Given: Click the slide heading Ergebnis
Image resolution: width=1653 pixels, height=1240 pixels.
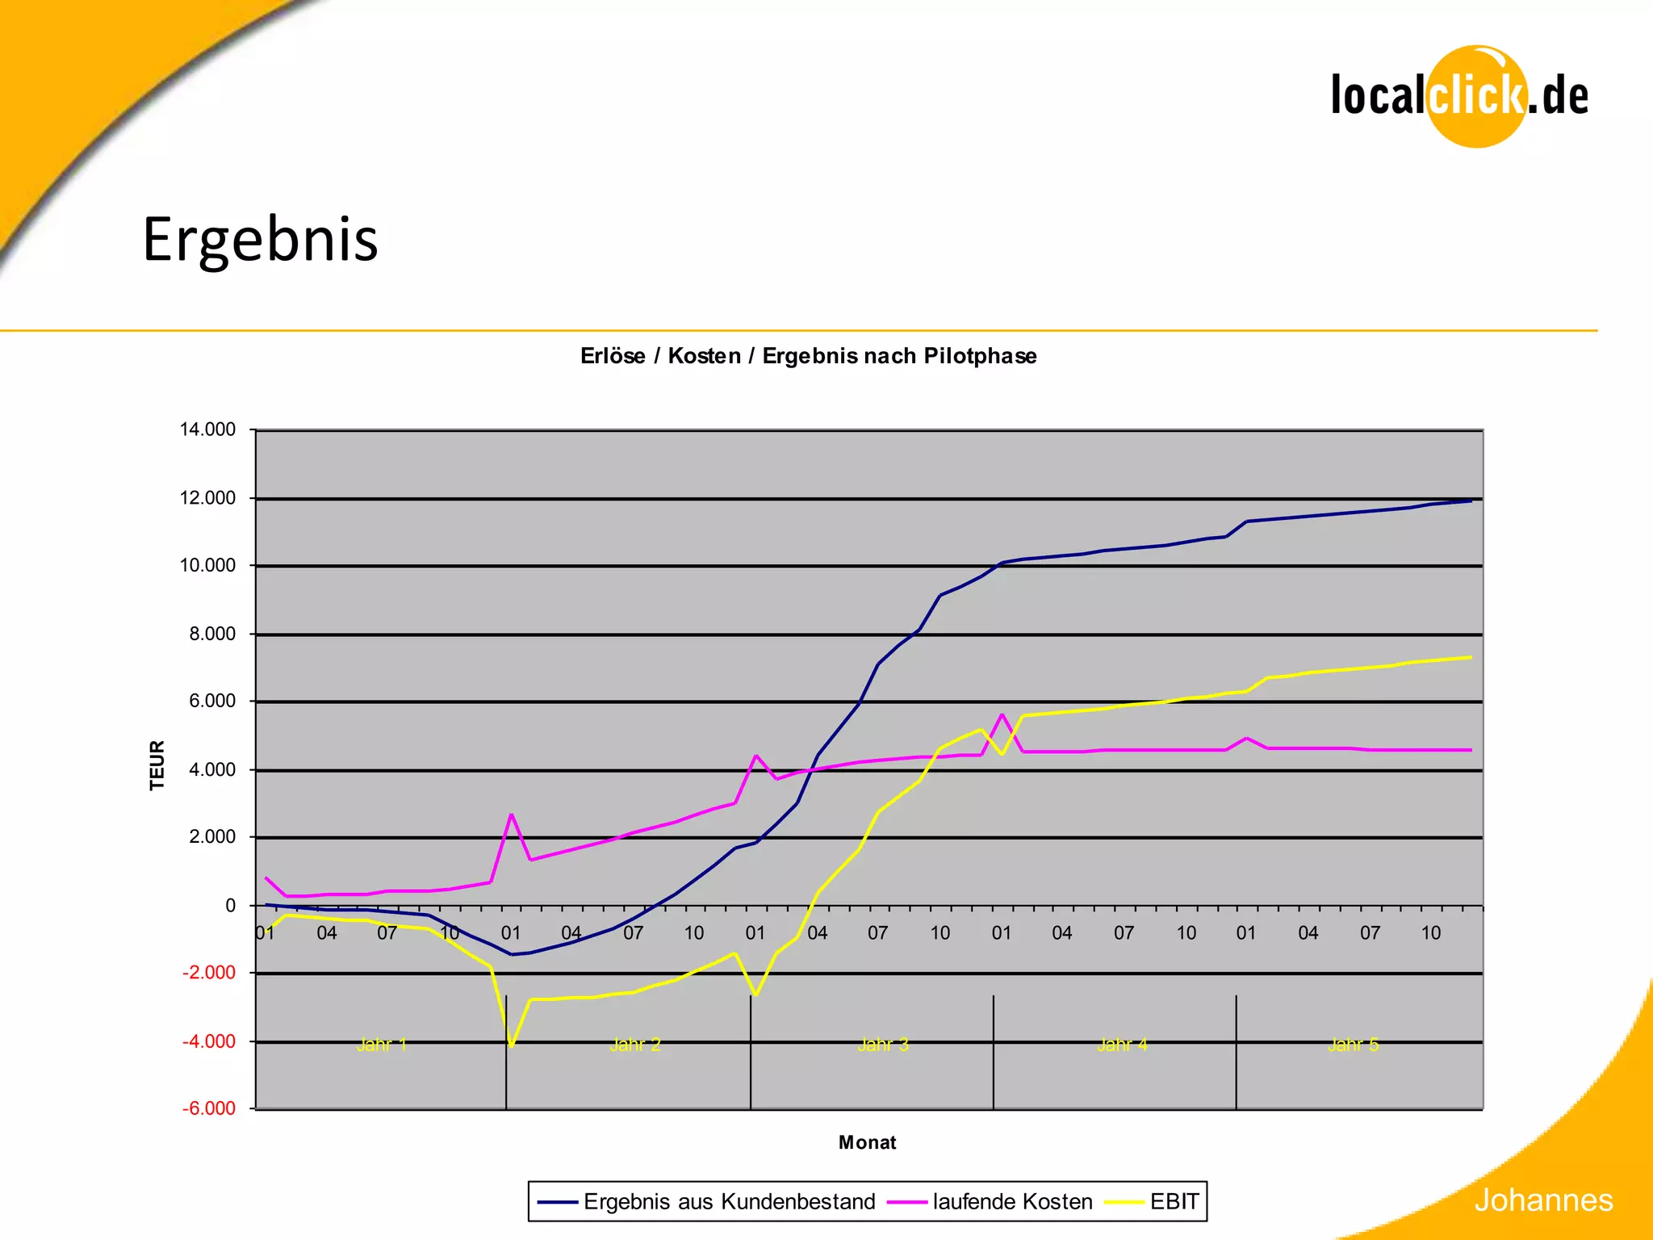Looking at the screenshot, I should (x=260, y=240).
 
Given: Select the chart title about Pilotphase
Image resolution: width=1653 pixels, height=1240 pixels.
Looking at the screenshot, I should (x=808, y=356).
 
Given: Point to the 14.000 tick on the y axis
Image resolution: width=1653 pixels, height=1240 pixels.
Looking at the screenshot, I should (x=207, y=429).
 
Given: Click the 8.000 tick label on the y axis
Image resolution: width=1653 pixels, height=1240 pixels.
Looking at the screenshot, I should (x=212, y=634).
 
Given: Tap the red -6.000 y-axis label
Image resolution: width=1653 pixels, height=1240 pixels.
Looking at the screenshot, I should (x=209, y=1108).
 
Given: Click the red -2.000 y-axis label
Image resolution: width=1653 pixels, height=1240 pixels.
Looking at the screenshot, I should (x=209, y=973).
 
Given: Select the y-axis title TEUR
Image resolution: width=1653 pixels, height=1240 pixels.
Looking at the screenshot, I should (x=157, y=765).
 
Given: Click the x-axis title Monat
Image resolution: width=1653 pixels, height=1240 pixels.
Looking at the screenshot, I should (x=867, y=1142).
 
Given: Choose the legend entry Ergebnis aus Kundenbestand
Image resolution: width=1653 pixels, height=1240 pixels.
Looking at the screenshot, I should (x=728, y=1201).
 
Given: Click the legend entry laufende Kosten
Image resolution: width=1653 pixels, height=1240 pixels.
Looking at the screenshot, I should (x=1011, y=1201).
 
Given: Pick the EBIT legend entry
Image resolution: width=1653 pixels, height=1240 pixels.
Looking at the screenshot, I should (x=1174, y=1201).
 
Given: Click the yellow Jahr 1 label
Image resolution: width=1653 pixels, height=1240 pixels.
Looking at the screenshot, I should (x=382, y=1045).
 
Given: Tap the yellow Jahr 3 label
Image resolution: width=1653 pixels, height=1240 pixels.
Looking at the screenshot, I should (x=883, y=1045).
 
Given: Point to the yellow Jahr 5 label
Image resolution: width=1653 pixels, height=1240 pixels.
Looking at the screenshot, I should (x=1354, y=1045).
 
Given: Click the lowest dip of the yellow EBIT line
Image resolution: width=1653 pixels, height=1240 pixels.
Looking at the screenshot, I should (x=512, y=1046).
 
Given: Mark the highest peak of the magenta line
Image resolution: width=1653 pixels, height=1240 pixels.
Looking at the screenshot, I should (x=1002, y=714).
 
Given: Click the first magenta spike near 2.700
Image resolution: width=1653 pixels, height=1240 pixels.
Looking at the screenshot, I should (x=512, y=815).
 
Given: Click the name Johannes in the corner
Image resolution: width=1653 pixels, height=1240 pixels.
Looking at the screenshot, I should (x=1543, y=1200).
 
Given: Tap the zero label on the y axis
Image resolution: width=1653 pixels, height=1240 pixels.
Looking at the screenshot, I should (x=231, y=906).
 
